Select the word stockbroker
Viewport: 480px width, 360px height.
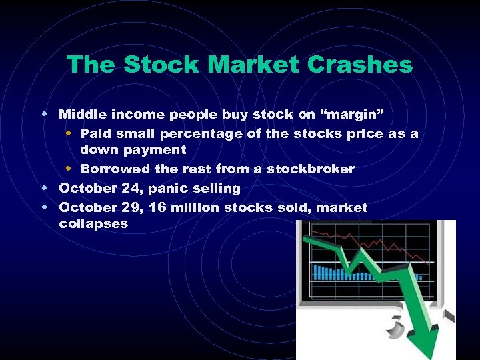[311, 169]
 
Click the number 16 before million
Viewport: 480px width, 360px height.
[159, 207]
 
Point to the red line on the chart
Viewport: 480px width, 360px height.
[373, 243]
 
